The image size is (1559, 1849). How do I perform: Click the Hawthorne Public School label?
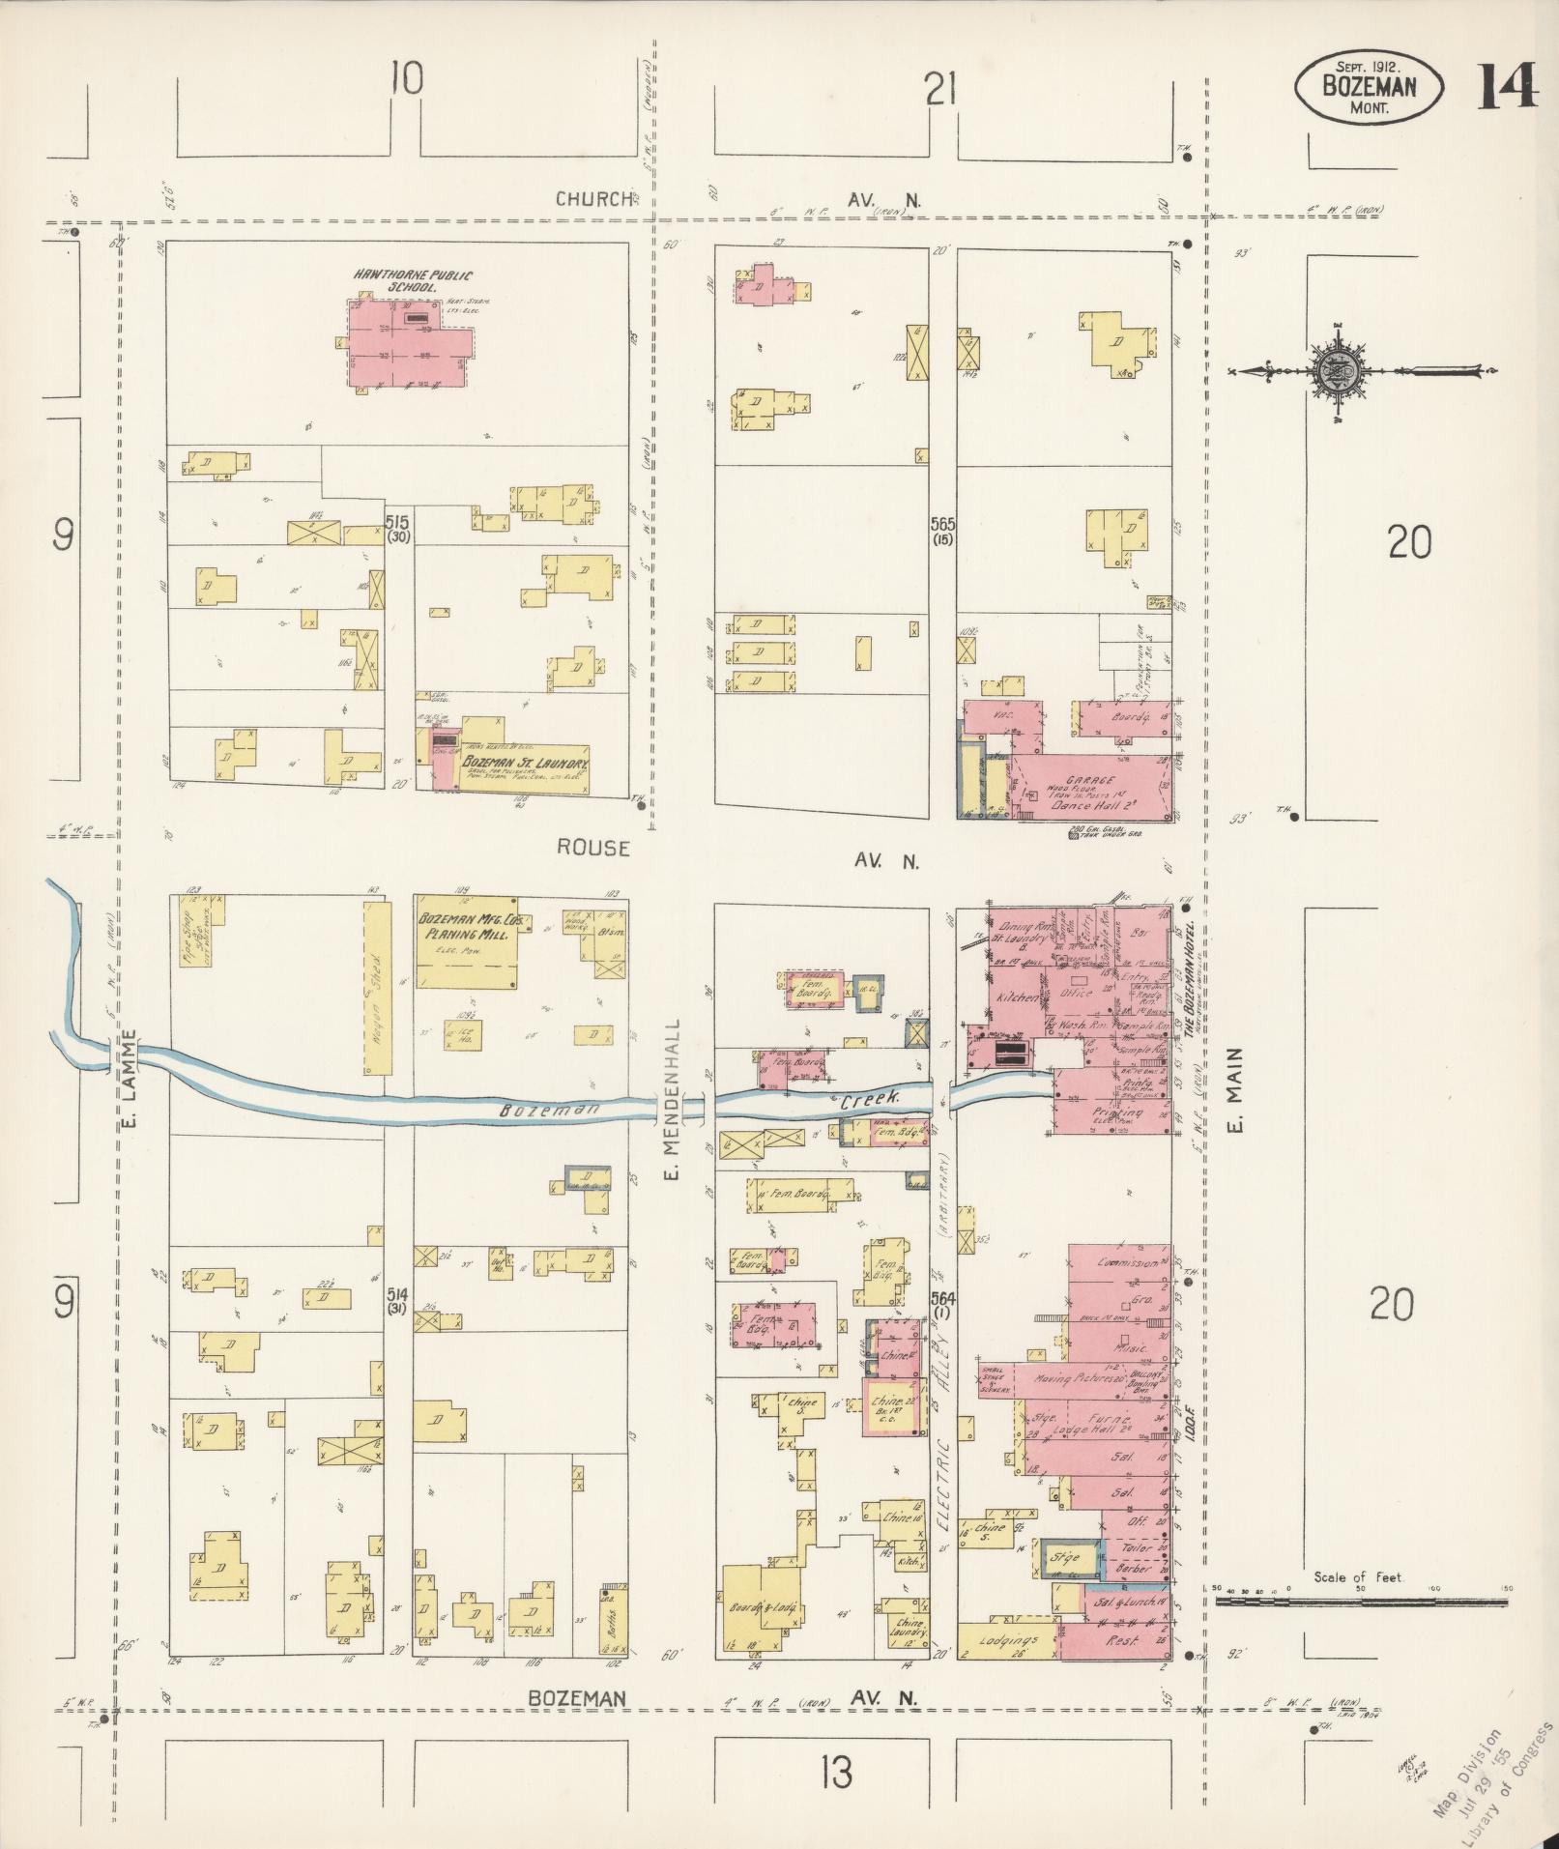[399, 281]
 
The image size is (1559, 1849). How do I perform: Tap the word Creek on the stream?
[870, 1099]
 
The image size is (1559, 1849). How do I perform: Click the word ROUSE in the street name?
[592, 848]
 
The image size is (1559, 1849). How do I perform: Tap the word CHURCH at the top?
[593, 199]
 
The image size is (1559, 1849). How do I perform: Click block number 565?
[943, 524]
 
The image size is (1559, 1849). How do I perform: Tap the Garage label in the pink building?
[1091, 780]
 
